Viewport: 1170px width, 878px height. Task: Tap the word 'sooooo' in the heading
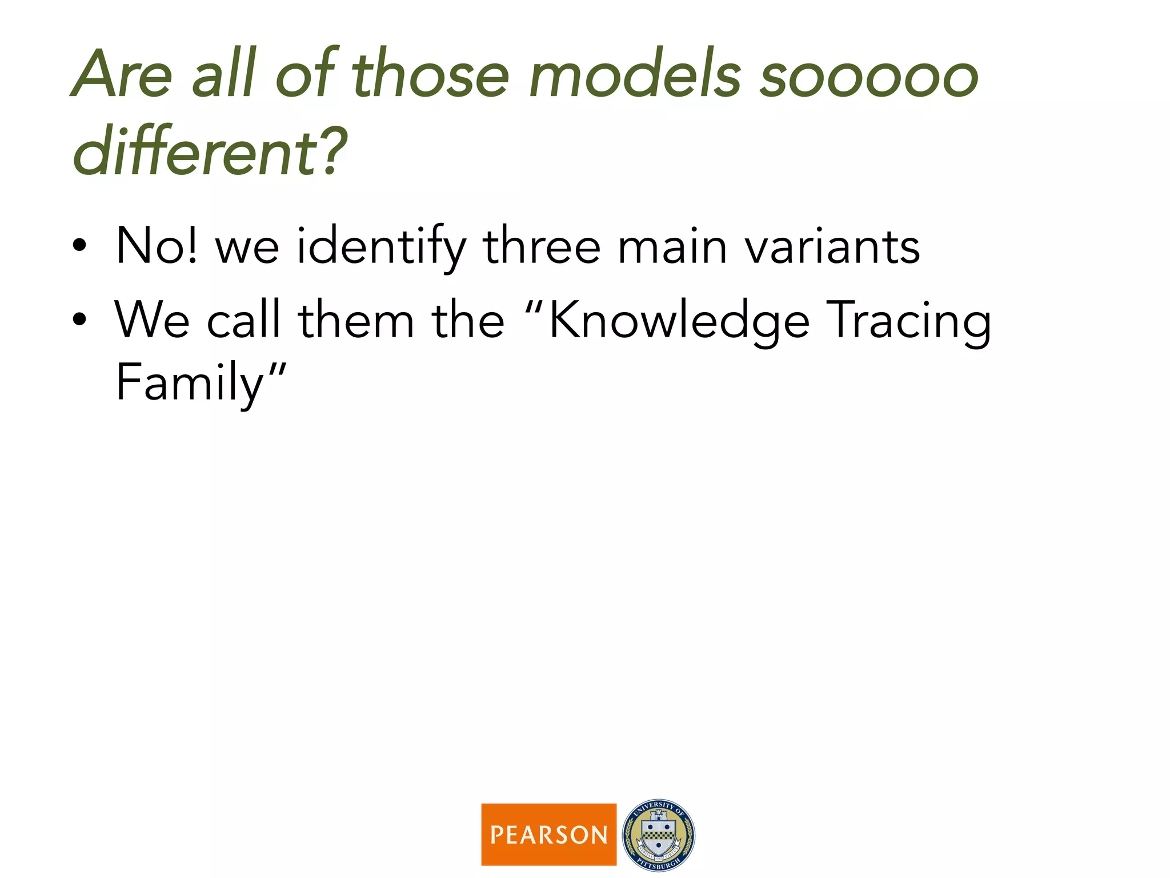pos(868,78)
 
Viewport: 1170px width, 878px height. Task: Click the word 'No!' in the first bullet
pos(157,246)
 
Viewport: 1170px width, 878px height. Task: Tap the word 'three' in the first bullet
pos(542,246)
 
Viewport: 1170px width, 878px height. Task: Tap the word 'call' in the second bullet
pos(243,320)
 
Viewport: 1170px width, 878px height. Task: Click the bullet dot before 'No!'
pos(79,246)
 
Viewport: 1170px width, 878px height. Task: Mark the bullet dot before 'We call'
pos(79,320)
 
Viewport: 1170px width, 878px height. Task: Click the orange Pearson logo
pos(548,834)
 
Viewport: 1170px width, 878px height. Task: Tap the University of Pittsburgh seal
pos(658,835)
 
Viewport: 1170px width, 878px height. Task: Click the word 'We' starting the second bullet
pos(152,320)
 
